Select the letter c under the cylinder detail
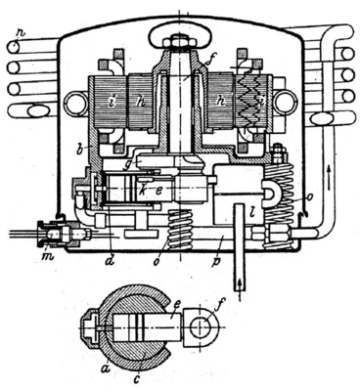pos(148,372)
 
